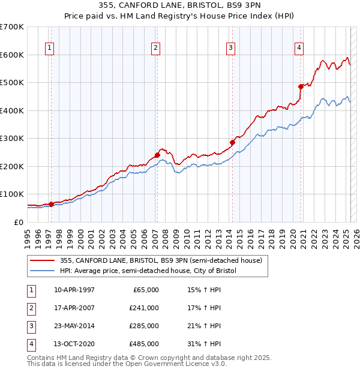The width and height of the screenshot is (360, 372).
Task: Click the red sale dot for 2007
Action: click(x=157, y=155)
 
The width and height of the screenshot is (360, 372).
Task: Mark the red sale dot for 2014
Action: click(x=232, y=142)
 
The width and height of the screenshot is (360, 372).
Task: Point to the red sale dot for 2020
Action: click(x=301, y=86)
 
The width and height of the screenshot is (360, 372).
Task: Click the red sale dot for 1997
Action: click(x=51, y=204)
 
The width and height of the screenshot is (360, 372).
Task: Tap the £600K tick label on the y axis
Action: click(x=12, y=55)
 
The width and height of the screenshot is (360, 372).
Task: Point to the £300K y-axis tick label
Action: click(x=12, y=138)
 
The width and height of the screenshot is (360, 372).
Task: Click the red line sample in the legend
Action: click(x=43, y=261)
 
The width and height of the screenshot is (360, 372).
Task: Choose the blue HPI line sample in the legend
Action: click(x=43, y=271)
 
